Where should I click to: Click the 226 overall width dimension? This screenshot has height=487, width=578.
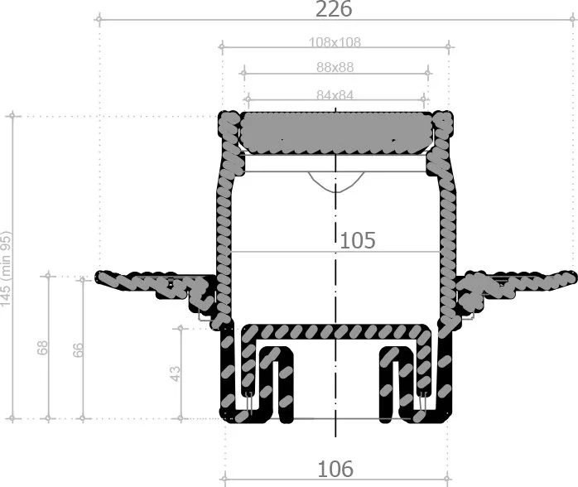click(334, 9)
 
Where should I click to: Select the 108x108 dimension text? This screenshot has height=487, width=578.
click(335, 42)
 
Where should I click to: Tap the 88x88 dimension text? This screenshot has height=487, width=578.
click(335, 67)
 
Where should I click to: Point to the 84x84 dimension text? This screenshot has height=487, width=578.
click(335, 95)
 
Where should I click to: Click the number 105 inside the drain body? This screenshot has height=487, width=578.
click(358, 240)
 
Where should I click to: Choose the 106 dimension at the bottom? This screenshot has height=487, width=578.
click(335, 469)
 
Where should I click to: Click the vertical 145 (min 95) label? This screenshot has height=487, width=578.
click(7, 268)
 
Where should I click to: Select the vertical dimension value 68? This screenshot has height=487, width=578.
click(43, 348)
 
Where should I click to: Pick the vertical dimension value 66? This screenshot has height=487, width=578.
click(78, 350)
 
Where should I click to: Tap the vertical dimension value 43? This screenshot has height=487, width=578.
click(176, 374)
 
